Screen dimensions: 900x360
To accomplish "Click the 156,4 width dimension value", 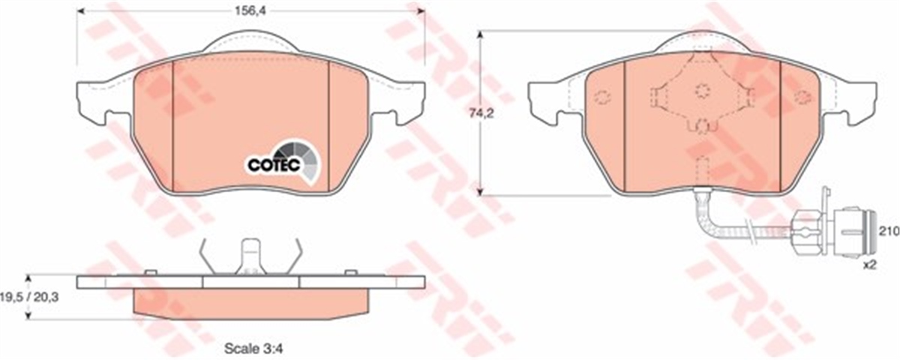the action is tap(250, 10).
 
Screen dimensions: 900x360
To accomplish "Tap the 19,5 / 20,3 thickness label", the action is tap(30, 297).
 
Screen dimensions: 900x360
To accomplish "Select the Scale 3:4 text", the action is tap(253, 348).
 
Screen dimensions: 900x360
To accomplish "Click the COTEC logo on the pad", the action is tap(284, 163).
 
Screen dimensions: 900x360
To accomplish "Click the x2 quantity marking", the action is tap(870, 265).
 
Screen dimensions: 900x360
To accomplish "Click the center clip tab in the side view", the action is tap(250, 257).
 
